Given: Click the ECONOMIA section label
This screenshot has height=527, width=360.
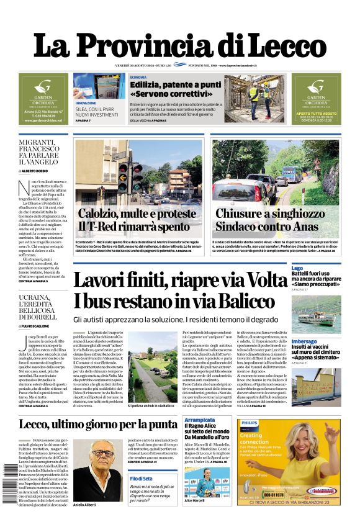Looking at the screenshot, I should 138,76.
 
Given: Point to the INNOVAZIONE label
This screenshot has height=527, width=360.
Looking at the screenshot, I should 86,103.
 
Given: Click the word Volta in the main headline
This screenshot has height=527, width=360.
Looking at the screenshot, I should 259,280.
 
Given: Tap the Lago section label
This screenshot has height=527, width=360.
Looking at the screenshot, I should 298,268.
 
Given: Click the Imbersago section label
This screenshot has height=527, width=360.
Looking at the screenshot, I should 305,341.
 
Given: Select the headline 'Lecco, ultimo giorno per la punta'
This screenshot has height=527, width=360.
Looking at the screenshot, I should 97,425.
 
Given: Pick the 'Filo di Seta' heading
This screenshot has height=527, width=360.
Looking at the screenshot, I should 142,478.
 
